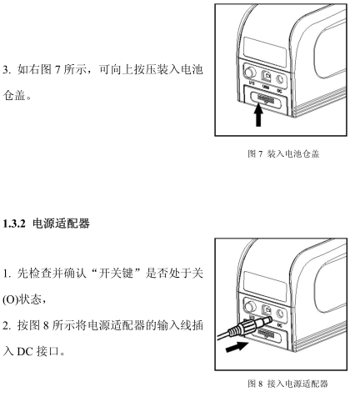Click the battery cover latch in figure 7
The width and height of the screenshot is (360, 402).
pos(265,98)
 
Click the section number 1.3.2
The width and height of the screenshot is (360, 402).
pos(14,224)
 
